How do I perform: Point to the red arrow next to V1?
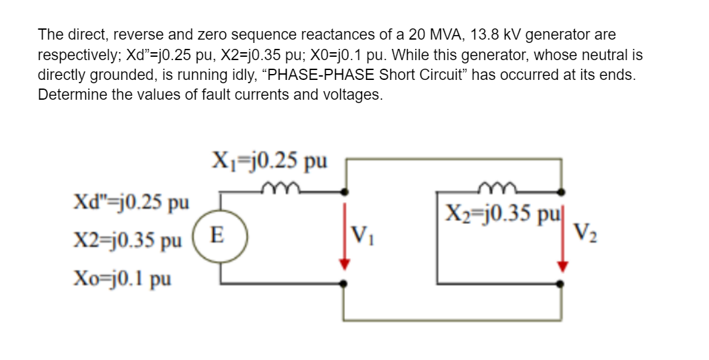[343, 234]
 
